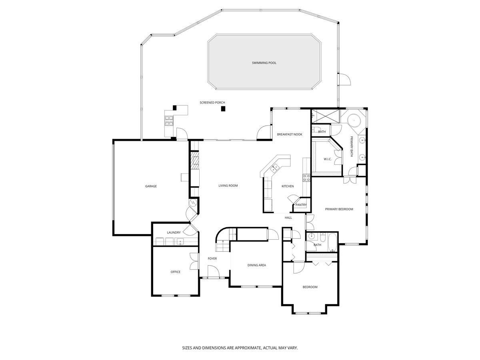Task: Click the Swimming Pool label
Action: click(264, 63)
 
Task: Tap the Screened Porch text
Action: click(212, 103)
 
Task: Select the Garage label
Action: click(151, 186)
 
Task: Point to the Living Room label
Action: click(228, 186)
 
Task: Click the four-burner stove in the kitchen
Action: click(307, 178)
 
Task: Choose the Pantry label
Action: click(301, 205)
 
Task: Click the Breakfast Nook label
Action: click(290, 134)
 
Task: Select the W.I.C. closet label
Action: click(328, 160)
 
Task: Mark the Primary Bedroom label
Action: click(339, 209)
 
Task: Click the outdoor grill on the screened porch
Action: click(169, 120)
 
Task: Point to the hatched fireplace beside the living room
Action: click(194, 160)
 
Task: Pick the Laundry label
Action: click(174, 232)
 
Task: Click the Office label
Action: click(175, 272)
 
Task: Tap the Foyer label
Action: click(212, 259)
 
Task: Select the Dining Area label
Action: click(256, 265)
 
